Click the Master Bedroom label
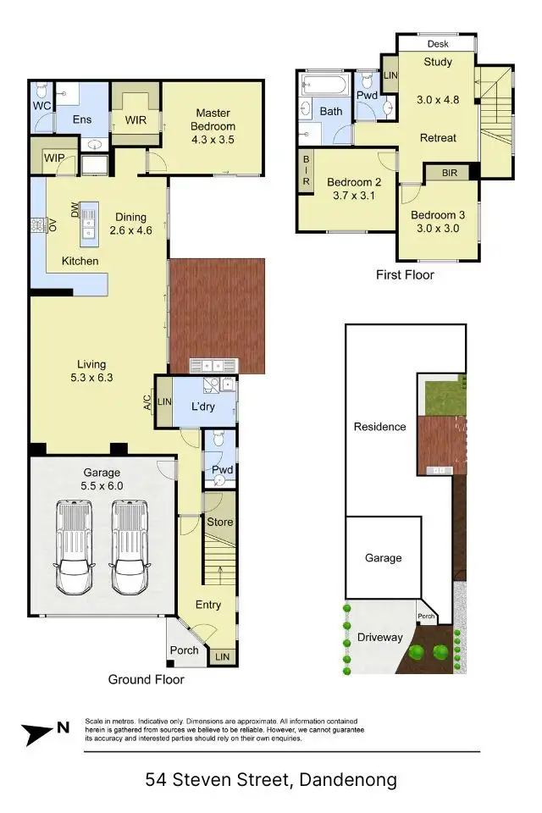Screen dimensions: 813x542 click(x=214, y=113)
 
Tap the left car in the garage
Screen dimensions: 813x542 click(x=74, y=547)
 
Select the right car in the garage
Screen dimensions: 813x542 click(x=129, y=547)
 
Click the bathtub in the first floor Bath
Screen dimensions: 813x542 click(x=324, y=86)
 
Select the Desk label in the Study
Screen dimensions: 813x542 click(x=438, y=43)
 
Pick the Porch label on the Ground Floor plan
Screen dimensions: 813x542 click(x=184, y=650)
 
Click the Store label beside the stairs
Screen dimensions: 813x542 click(x=219, y=523)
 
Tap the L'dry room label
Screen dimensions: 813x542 click(x=203, y=406)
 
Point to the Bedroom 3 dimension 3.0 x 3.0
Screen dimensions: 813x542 click(x=438, y=230)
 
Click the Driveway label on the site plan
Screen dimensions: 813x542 click(x=379, y=637)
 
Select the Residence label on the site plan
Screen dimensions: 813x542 click(x=379, y=427)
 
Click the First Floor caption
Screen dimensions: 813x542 click(x=405, y=274)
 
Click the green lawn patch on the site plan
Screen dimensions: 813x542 click(x=441, y=395)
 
